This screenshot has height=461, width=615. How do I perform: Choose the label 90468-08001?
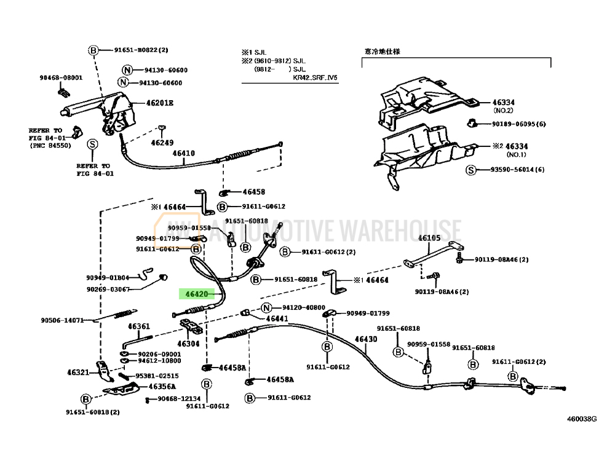[61, 77]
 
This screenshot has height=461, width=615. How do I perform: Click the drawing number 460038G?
[582, 419]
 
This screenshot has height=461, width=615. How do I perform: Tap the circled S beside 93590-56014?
[470, 170]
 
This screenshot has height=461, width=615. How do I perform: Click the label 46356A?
[162, 387]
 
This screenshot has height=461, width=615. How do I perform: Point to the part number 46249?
[162, 142]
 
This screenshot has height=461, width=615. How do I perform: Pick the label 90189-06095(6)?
[518, 124]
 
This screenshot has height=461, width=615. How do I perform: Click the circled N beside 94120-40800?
[266, 307]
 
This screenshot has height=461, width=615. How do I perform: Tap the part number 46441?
[277, 318]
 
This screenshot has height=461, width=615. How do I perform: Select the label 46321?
[78, 372]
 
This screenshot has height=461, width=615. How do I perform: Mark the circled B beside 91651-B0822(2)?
[93, 50]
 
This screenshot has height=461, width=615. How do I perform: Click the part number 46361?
[138, 326]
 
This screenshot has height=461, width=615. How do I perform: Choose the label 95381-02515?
[157, 376]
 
